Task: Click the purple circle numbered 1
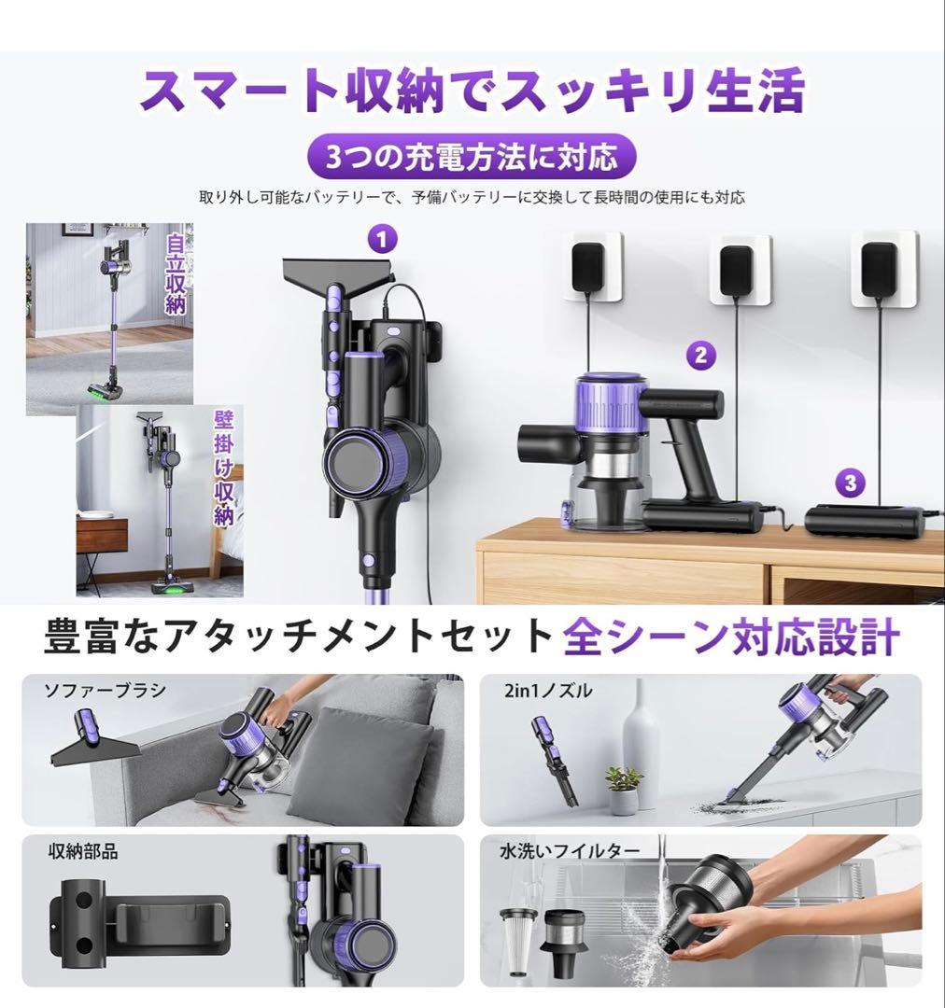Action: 381,240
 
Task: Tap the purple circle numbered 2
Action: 700,355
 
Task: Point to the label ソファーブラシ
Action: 106,691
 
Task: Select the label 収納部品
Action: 83,851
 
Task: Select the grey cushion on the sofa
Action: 374,756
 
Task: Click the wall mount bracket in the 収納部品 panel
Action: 140,924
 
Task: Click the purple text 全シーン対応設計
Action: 731,638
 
